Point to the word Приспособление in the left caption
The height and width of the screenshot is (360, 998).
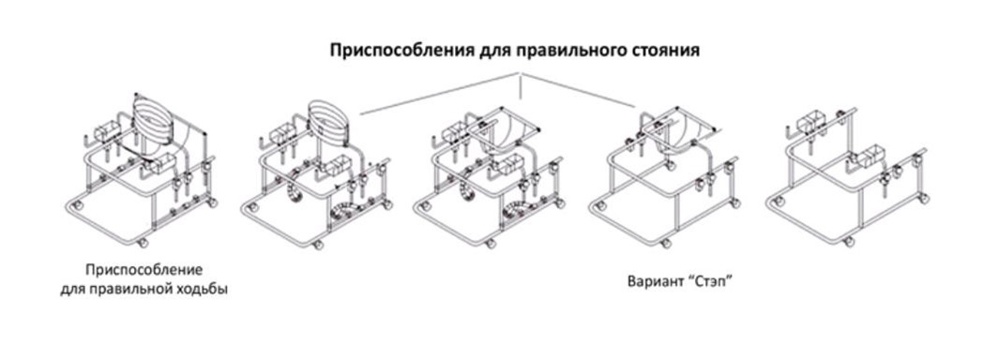pos(144,269)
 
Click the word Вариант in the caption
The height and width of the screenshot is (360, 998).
pos(653,280)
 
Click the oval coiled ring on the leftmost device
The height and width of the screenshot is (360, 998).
pos(153,120)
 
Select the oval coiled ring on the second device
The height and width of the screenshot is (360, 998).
pos(327,122)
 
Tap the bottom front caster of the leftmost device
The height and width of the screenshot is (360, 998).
pos(144,243)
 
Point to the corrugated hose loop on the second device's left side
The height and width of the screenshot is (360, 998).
pos(295,191)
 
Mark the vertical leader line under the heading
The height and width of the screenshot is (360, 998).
pos(521,86)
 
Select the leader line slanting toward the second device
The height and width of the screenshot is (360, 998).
pos(440,94)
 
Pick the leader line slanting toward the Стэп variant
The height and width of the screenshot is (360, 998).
pos(578,90)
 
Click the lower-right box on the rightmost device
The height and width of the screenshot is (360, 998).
pos(875,157)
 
